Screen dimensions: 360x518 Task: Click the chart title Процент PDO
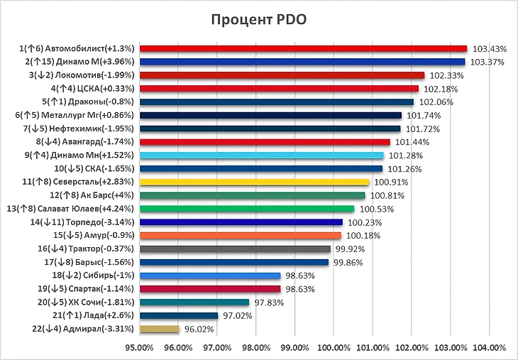click(x=258, y=19)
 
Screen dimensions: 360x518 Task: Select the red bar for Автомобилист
click(x=304, y=48)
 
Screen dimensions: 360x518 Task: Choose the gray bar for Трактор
click(x=235, y=249)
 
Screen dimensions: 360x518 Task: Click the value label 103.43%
click(x=489, y=49)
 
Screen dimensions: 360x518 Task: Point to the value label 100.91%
click(x=392, y=182)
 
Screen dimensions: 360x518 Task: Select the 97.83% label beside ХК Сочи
click(x=271, y=302)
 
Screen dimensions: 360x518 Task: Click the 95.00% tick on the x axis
click(x=139, y=348)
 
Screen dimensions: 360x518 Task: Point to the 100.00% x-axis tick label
click(x=334, y=348)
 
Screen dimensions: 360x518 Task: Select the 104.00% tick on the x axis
click(x=489, y=348)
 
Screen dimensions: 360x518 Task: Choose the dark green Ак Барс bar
click(x=252, y=195)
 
